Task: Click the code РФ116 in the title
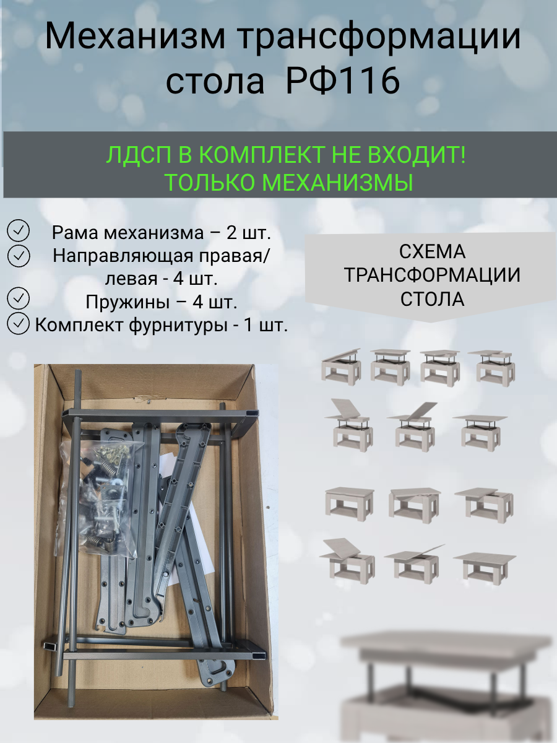pos(343,80)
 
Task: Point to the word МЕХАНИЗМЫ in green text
pos(337,183)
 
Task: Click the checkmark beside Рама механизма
pos(19,230)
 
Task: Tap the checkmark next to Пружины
pos(19,298)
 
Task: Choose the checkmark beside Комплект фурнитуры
pos(19,323)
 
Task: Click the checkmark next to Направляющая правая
pos(19,256)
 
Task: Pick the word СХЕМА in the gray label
pos(432,252)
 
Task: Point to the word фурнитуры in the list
pos(178,325)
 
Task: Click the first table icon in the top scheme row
pos(341,367)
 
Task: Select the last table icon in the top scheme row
pos(492,368)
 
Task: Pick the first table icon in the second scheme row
pos(349,425)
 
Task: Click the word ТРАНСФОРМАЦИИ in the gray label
pos(432,275)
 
